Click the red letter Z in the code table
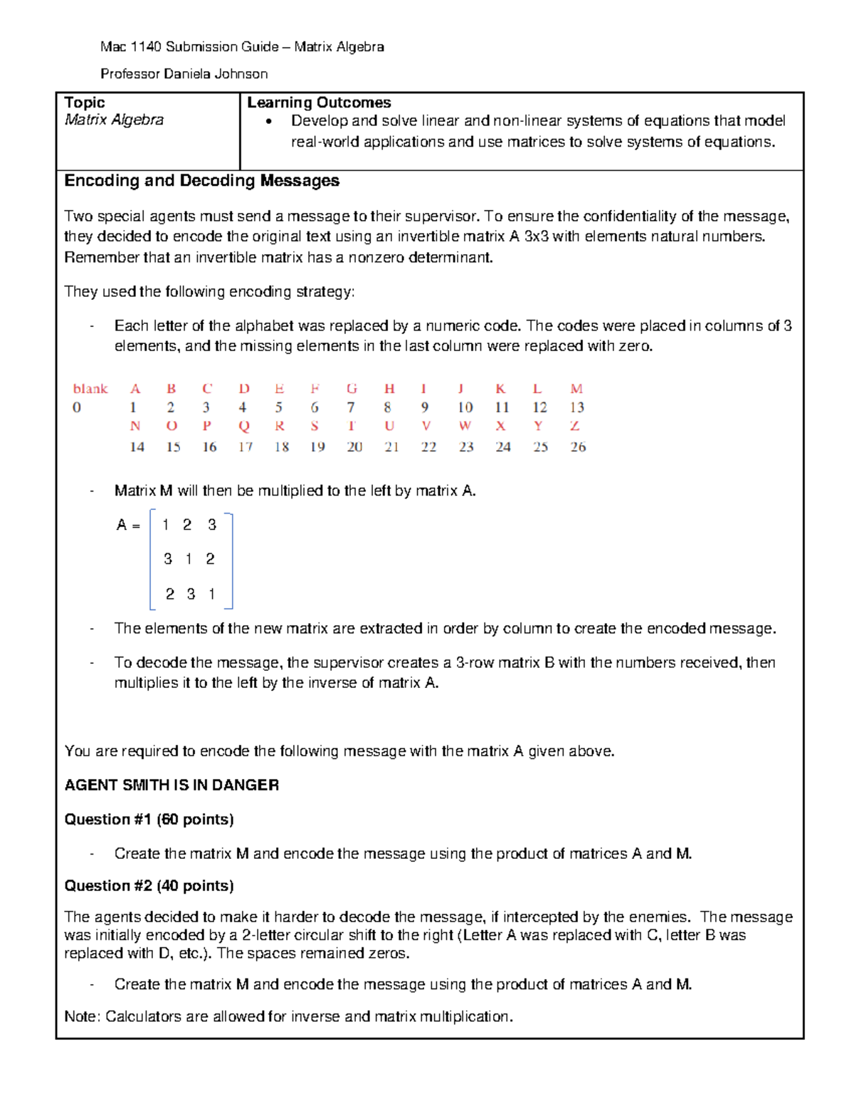pos(575,426)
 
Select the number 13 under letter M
pos(576,407)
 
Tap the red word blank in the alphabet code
pos(90,389)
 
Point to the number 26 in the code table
pos(578,447)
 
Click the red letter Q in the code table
pos(244,426)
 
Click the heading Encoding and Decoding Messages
pos(201,181)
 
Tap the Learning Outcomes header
pos(319,103)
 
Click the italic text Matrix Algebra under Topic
pos(114,120)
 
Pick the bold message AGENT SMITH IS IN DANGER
pos(172,785)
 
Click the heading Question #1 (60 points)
pos(149,819)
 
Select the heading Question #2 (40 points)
pos(149,885)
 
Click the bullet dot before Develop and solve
pos(268,122)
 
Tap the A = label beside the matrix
pos(128,526)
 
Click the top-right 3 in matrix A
pos(211,525)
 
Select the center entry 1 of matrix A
pos(189,559)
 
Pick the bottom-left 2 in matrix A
pos(169,594)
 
